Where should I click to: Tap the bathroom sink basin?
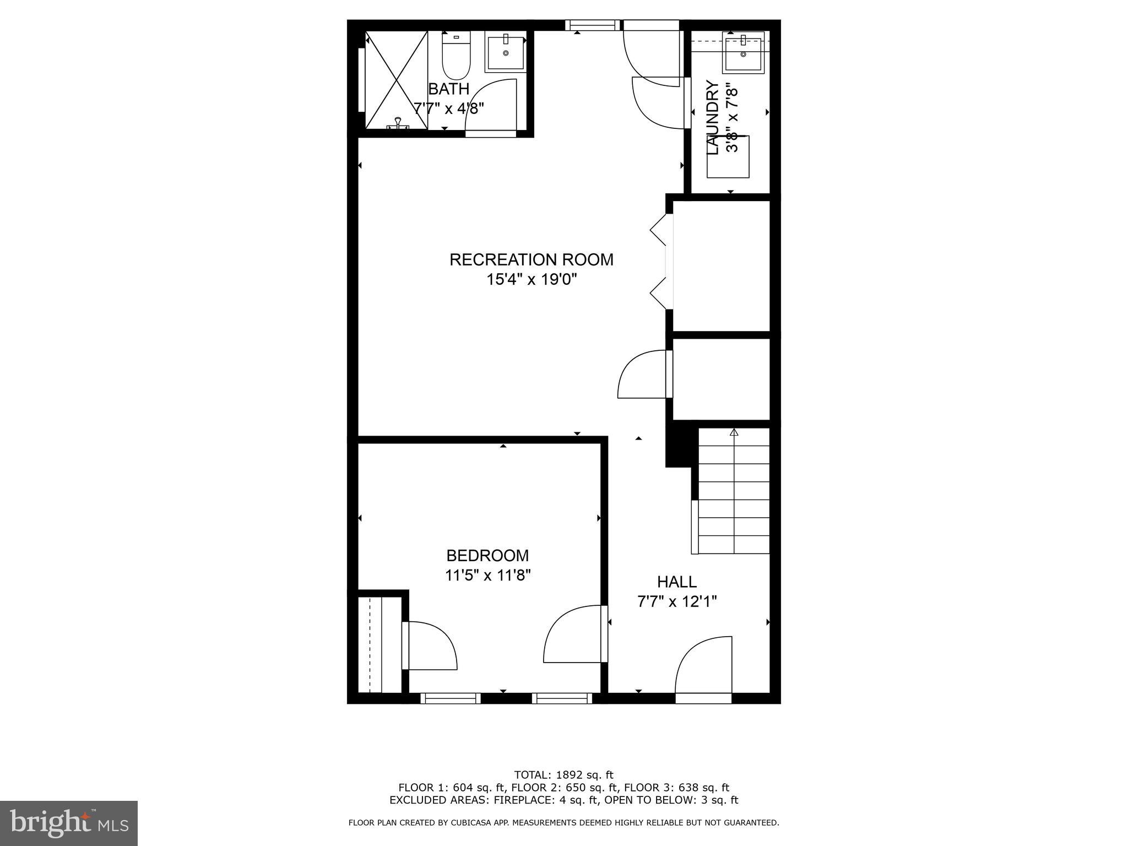pos(505,52)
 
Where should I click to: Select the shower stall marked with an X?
pos(396,80)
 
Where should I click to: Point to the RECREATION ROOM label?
pos(531,259)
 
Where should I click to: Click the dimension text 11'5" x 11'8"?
pos(487,576)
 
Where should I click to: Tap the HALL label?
pos(676,582)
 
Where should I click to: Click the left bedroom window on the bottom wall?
pos(450,698)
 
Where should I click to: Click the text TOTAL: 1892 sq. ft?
pos(563,775)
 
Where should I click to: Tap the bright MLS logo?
pos(69,823)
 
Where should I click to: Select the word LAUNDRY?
pos(712,118)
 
